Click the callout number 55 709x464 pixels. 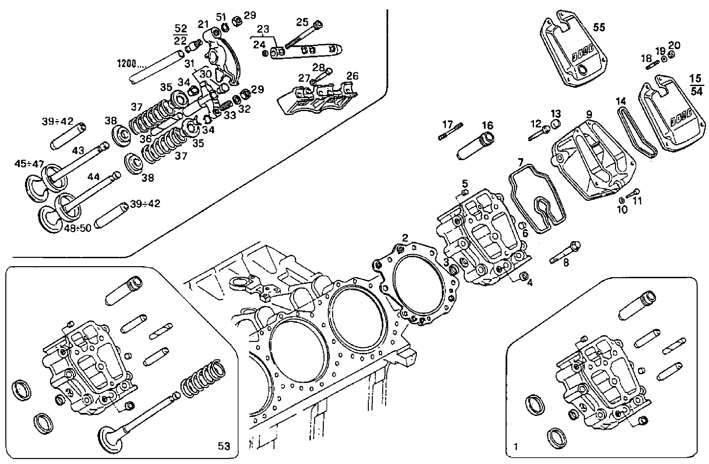599,27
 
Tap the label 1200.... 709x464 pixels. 129,63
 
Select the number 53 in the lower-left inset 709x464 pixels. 224,446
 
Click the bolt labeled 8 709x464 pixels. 565,253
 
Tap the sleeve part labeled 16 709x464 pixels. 475,147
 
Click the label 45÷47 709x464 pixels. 29,164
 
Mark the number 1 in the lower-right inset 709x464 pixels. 516,446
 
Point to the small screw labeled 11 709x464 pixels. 632,193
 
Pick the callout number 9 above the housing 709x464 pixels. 589,114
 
